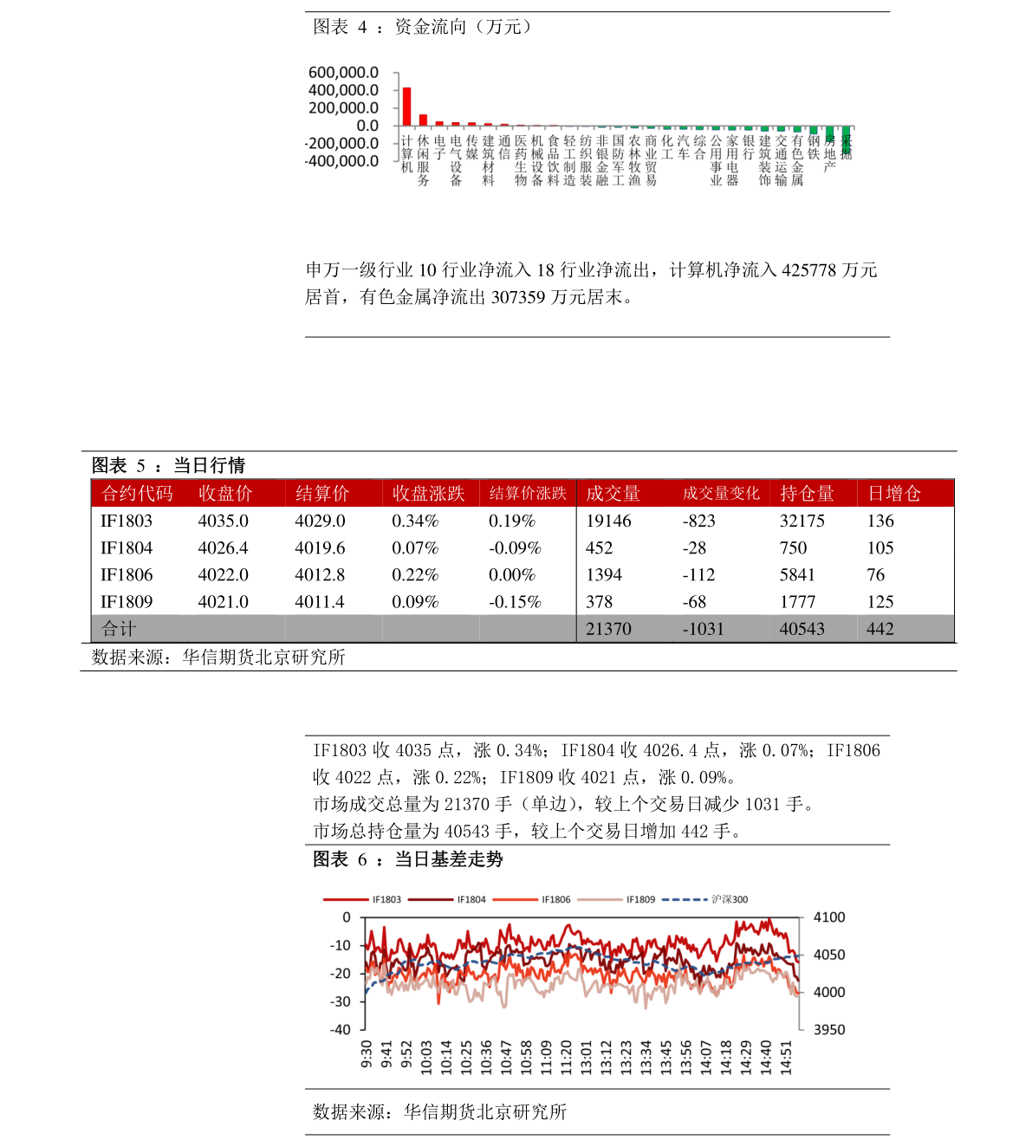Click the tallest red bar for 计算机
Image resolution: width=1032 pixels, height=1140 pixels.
click(x=406, y=107)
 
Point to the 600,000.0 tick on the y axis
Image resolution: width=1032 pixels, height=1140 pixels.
click(x=343, y=73)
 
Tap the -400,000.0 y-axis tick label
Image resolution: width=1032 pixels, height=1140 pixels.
click(x=341, y=161)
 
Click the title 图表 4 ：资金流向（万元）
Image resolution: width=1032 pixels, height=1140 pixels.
click(x=423, y=27)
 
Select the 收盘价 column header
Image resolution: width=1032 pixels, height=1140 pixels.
click(x=225, y=494)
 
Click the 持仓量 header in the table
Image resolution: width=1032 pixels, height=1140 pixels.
click(x=807, y=494)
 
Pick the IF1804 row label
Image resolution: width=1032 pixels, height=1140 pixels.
click(x=127, y=548)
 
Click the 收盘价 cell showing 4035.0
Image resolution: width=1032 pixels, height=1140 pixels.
click(x=223, y=521)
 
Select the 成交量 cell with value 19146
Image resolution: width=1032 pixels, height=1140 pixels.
click(x=608, y=521)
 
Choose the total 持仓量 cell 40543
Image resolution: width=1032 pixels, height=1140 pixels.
click(x=802, y=629)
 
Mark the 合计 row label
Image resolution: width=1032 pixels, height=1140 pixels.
click(x=119, y=629)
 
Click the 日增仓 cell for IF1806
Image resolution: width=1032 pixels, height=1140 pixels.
click(x=876, y=575)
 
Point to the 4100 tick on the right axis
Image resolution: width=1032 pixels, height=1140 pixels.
click(x=829, y=917)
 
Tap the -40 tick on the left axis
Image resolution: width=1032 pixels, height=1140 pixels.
click(x=341, y=1030)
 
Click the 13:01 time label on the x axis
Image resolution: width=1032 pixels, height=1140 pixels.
click(x=587, y=1058)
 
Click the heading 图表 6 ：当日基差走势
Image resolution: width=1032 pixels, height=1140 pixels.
click(x=408, y=859)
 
